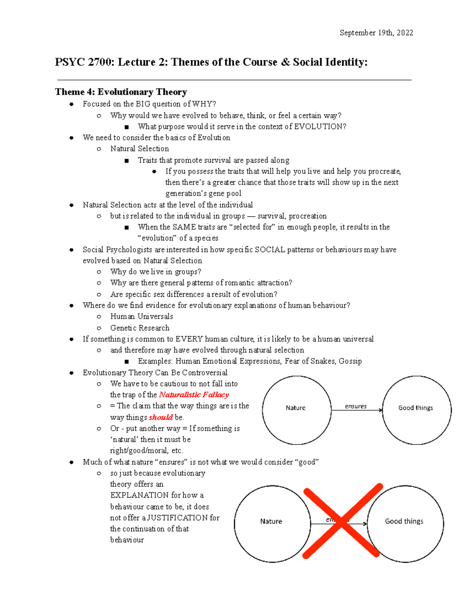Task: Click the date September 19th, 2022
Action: [x=376, y=33]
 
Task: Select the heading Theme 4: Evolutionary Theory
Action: [x=121, y=92]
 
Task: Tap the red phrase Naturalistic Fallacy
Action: [x=194, y=395]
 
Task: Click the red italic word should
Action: [x=161, y=417]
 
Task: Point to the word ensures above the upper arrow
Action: [x=356, y=406]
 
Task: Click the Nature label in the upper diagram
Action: [x=295, y=408]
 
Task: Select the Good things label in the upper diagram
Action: [x=415, y=408]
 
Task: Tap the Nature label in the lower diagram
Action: [x=271, y=521]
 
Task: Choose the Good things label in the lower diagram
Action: [x=404, y=521]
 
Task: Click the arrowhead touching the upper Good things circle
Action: [x=380, y=410]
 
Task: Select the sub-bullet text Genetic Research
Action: [x=140, y=328]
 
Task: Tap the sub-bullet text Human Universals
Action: [x=141, y=316]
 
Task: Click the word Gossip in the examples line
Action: [x=350, y=361]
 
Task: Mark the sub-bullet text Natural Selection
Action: [x=140, y=149]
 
